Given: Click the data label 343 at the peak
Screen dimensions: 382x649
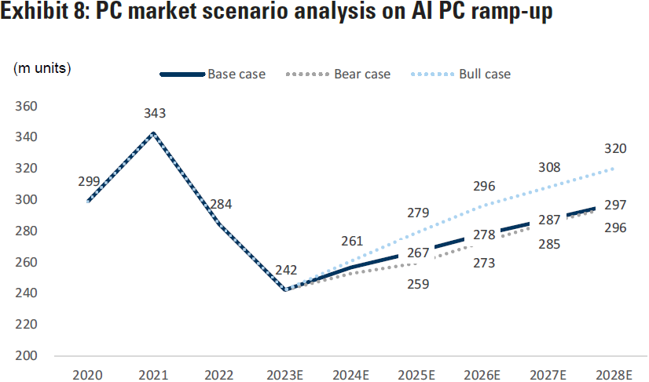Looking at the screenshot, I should (155, 114).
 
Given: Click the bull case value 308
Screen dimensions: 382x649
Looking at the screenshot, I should (549, 167).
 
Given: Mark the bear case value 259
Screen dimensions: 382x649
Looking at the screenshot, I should (417, 284).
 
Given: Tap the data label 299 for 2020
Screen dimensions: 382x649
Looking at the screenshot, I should (89, 181).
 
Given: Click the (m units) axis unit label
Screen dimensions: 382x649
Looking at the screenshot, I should (42, 68).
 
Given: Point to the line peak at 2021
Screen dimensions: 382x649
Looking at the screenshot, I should (154, 133).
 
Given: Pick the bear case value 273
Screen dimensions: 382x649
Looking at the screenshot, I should (484, 264).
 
